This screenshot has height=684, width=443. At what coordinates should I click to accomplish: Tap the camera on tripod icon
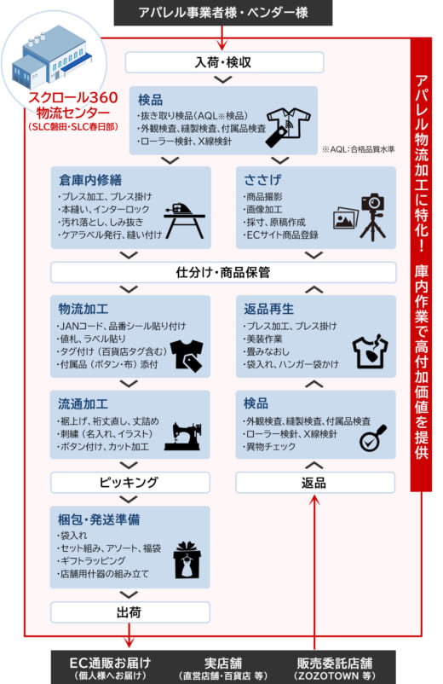(x=373, y=217)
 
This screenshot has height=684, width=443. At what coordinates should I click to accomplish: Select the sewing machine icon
(x=183, y=436)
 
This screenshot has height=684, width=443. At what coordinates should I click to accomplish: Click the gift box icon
(x=187, y=560)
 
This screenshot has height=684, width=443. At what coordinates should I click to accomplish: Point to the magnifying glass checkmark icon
(x=373, y=438)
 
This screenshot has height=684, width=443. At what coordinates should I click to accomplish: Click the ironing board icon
(x=184, y=221)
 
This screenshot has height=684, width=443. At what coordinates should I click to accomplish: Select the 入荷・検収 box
(x=224, y=62)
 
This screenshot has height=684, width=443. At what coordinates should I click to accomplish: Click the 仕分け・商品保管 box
(x=223, y=273)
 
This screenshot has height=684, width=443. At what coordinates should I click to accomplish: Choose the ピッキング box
(x=129, y=483)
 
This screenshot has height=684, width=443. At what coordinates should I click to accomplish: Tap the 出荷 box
(x=129, y=612)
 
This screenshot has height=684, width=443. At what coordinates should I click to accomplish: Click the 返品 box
(x=315, y=483)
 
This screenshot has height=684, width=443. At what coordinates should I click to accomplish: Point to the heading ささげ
(x=262, y=180)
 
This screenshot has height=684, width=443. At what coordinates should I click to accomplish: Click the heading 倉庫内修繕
(x=90, y=180)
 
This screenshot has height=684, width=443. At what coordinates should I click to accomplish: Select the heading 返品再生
(x=268, y=309)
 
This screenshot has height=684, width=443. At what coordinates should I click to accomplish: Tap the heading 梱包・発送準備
(x=99, y=519)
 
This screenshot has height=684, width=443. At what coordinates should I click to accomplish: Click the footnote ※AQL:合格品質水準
(x=358, y=149)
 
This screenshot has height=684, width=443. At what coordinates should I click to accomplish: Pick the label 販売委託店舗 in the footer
(x=335, y=664)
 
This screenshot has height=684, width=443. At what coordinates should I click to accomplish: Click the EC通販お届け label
(x=110, y=664)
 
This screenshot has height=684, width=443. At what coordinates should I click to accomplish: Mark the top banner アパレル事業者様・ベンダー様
(x=223, y=13)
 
